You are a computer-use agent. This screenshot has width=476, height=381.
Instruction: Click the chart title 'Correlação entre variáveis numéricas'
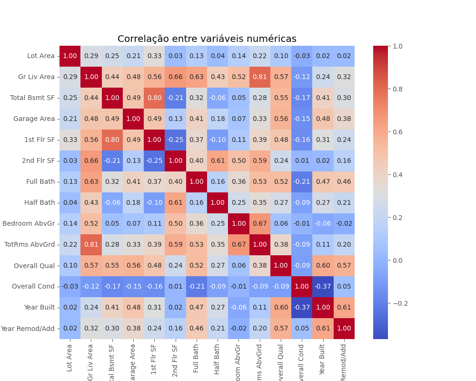(207, 39)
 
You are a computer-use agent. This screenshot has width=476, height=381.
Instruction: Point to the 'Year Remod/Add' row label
(28, 328)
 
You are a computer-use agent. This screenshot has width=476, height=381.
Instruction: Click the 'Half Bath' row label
(40, 202)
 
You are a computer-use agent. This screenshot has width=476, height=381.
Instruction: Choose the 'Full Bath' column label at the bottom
(197, 357)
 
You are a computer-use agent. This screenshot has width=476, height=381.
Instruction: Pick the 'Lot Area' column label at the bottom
(70, 357)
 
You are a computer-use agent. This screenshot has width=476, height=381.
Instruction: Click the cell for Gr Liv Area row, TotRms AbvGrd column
(260, 77)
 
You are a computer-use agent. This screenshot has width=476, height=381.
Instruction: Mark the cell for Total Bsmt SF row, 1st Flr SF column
(154, 98)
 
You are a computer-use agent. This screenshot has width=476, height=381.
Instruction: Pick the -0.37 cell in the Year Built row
(302, 307)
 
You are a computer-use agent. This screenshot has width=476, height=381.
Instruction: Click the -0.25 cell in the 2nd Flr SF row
(154, 161)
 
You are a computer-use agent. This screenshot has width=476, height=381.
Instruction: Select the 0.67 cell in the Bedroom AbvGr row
(260, 223)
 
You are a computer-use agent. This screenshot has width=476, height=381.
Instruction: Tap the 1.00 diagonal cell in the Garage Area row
(133, 119)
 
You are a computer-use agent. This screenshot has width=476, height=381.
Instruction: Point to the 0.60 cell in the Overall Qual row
(323, 265)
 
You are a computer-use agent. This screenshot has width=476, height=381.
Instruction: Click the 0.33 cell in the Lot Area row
(154, 56)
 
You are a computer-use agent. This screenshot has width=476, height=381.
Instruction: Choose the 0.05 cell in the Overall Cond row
(344, 286)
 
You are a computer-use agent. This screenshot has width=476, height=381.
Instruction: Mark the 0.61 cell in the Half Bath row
(176, 202)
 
